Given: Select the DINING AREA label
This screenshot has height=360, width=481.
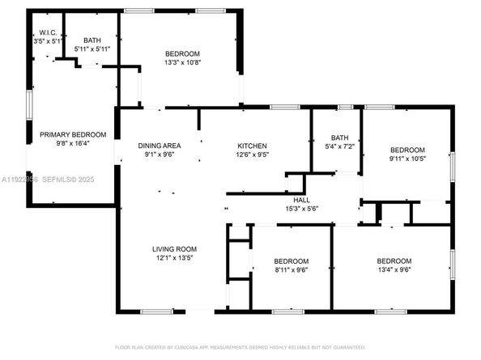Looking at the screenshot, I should pyautogui.click(x=160, y=145).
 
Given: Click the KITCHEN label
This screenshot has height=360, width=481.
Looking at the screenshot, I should pyautogui.click(x=251, y=145).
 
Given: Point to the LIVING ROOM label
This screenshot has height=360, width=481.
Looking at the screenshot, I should pyautogui.click(x=175, y=249).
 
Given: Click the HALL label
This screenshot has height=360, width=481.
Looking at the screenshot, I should pyautogui.click(x=300, y=199).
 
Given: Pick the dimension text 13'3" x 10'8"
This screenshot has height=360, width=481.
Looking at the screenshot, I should pyautogui.click(x=182, y=63).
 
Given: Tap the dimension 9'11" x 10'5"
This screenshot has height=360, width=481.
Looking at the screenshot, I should pyautogui.click(x=407, y=159).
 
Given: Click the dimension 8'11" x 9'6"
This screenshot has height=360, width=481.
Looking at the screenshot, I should pyautogui.click(x=291, y=271).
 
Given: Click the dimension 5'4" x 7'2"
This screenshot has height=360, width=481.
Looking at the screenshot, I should pyautogui.click(x=337, y=147).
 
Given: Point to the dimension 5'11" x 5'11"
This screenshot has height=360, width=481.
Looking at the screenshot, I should pyautogui.click(x=92, y=49).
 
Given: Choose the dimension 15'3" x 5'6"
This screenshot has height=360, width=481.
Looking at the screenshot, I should pyautogui.click(x=300, y=209).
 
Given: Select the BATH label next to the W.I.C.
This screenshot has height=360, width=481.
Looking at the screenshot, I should pyautogui.click(x=92, y=39).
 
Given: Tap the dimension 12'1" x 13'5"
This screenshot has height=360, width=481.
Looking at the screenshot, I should pyautogui.click(x=175, y=259).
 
